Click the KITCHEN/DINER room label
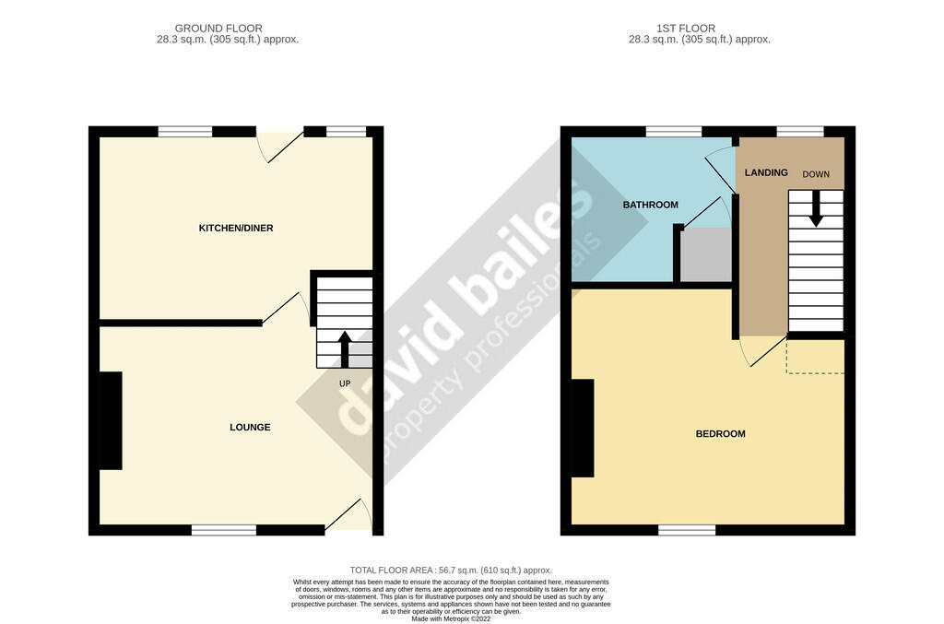236,228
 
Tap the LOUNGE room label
250,428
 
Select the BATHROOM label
650,205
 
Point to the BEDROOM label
720,434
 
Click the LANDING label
766,172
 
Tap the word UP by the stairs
345,383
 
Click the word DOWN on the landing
816,174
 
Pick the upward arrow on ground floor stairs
345,349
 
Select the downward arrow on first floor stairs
816,209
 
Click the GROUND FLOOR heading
218,29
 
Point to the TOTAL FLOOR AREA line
451,570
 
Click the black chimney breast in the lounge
111,420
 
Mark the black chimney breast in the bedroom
583,429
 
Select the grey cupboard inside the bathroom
706,254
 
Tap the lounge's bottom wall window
224,530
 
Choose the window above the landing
800,132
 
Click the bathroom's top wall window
674,132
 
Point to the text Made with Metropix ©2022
451,618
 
